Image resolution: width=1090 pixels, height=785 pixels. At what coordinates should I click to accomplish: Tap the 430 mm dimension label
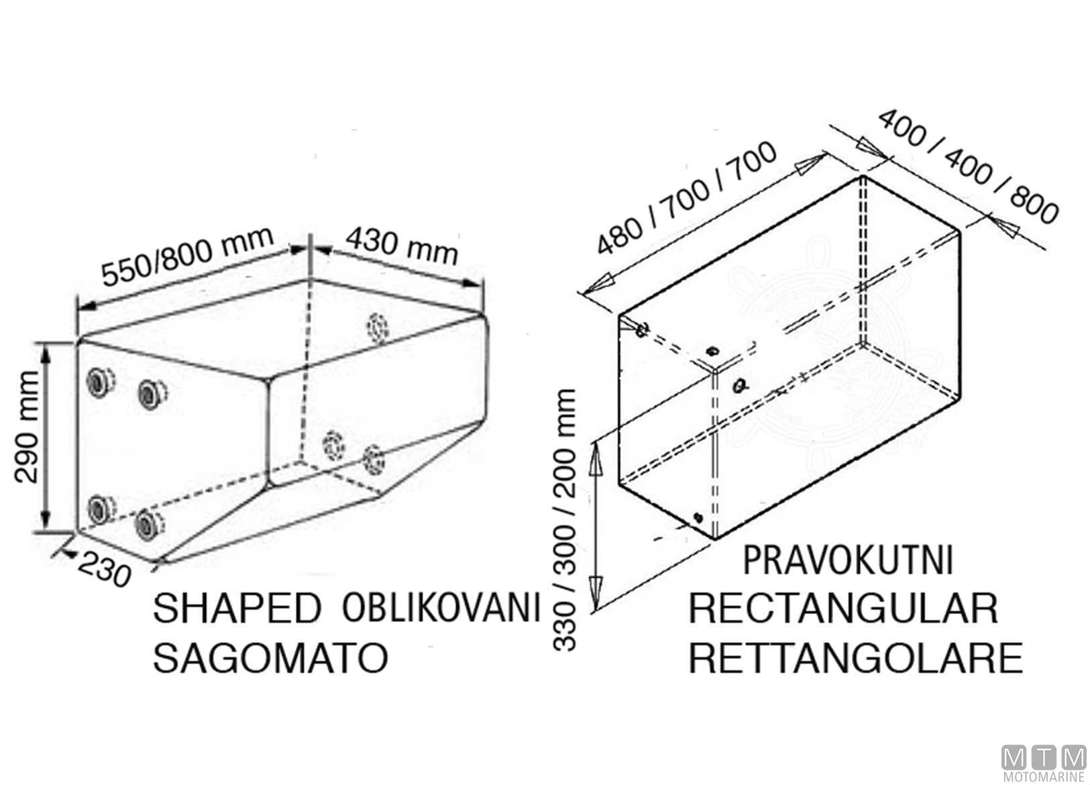point(402,246)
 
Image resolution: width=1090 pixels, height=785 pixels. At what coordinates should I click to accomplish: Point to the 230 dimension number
point(104,570)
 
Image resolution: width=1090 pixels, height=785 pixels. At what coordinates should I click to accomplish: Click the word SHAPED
point(237,609)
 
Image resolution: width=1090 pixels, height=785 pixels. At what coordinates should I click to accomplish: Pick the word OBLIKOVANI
point(441,608)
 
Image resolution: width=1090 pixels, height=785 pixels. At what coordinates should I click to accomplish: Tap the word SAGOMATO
point(270,658)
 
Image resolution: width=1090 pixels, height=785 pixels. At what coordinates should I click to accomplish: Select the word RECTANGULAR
point(843,609)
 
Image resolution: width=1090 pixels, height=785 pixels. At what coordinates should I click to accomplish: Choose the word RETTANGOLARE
point(856,658)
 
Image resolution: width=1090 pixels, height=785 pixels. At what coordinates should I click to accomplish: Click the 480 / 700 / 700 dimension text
point(686,198)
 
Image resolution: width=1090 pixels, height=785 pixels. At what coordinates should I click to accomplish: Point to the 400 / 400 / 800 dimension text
point(969,166)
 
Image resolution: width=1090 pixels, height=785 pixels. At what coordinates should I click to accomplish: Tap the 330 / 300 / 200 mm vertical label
point(565,519)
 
